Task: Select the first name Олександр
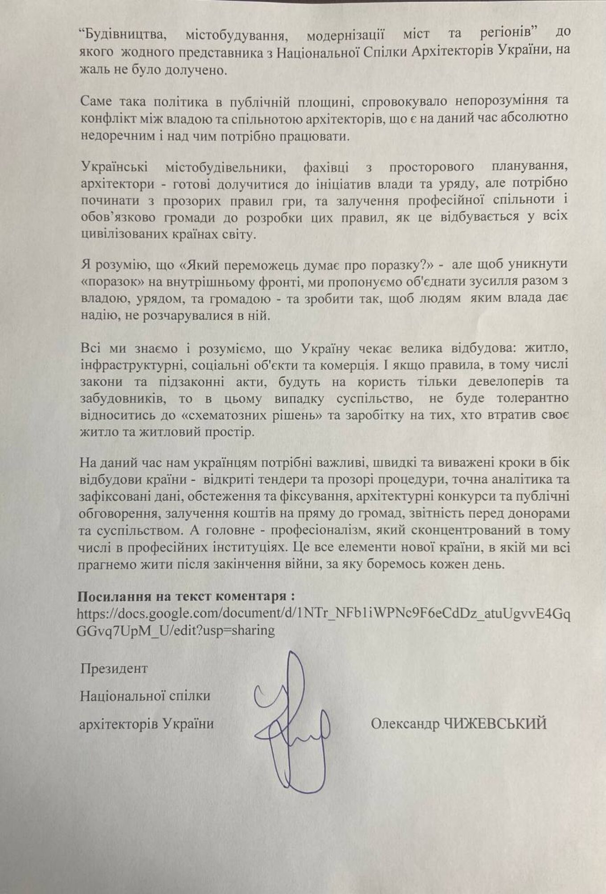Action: pyautogui.click(x=405, y=724)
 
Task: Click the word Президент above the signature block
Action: pyautogui.click(x=114, y=668)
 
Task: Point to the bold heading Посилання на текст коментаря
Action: pyautogui.click(x=185, y=596)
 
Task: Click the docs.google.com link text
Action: pyautogui.click(x=323, y=614)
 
